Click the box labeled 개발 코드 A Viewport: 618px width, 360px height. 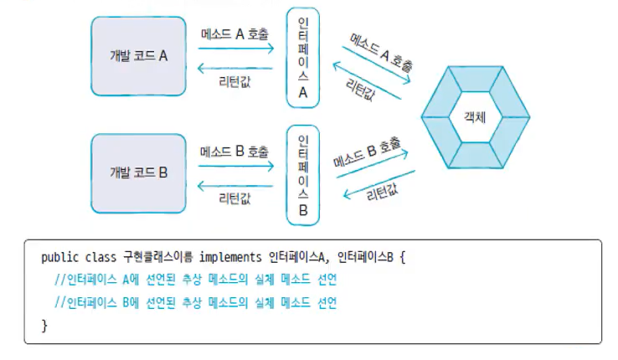[139, 56]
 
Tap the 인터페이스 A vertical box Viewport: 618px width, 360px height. [303, 58]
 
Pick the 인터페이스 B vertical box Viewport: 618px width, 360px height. [303, 175]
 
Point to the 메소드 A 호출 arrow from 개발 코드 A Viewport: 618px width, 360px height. [235, 48]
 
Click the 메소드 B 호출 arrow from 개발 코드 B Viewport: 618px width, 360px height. [235, 166]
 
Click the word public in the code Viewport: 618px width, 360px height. [58, 256]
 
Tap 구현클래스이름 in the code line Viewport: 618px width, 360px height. [158, 256]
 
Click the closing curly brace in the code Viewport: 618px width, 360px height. [44, 324]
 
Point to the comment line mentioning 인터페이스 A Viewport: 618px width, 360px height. [194, 279]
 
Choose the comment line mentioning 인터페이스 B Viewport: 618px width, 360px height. [194, 301]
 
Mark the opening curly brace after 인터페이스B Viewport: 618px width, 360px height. [402, 256]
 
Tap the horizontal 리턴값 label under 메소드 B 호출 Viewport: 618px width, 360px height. [235, 198]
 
